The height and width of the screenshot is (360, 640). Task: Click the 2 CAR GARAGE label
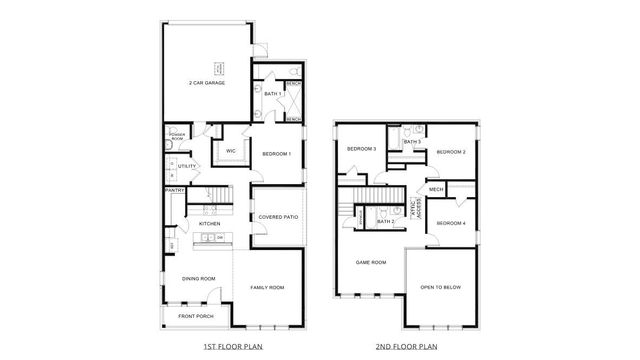(207, 83)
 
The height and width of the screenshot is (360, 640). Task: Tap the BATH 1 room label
(273, 94)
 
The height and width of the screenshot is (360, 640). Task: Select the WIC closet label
(230, 151)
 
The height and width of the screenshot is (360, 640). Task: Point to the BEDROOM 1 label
(276, 153)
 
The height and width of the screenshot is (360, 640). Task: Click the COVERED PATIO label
(277, 216)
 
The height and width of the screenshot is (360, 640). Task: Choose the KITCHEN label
(210, 223)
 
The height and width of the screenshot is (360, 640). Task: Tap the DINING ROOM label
(199, 278)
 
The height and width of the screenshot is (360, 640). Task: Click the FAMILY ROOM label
(267, 287)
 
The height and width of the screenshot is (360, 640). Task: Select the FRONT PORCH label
(195, 316)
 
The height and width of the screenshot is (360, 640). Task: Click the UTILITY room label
(187, 166)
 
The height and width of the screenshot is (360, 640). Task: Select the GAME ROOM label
(371, 262)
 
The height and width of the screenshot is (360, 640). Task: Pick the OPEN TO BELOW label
(440, 287)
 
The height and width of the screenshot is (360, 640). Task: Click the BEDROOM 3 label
(361, 149)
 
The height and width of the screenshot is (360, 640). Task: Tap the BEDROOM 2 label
(451, 151)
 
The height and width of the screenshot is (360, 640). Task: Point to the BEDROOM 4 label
(451, 222)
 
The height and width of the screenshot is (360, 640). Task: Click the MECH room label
(436, 189)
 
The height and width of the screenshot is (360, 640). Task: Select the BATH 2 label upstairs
(385, 221)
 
